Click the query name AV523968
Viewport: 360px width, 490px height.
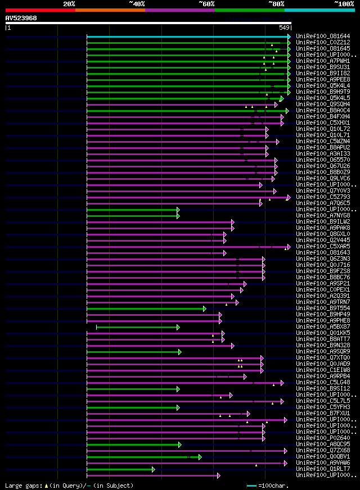(21, 18)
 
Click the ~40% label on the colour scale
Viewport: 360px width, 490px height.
(137, 4)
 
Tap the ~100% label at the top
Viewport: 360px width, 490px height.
(344, 4)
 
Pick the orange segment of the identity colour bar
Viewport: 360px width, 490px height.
(110, 10)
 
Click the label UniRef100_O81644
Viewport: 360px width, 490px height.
(322, 36)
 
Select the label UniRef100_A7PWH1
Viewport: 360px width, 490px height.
(322, 61)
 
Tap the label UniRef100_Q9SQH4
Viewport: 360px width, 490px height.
(322, 104)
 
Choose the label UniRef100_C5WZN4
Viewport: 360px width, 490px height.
(322, 141)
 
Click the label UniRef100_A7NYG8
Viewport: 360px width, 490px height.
(322, 215)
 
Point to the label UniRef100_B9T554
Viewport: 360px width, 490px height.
(322, 308)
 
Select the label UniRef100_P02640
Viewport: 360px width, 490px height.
(322, 438)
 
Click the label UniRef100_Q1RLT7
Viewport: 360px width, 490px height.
(322, 469)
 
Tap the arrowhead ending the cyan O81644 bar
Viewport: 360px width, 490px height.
(289, 37)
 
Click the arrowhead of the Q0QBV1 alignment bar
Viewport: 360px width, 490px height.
(199, 457)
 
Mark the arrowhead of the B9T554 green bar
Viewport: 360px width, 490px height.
(205, 308)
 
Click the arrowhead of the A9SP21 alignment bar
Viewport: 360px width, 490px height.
(244, 284)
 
